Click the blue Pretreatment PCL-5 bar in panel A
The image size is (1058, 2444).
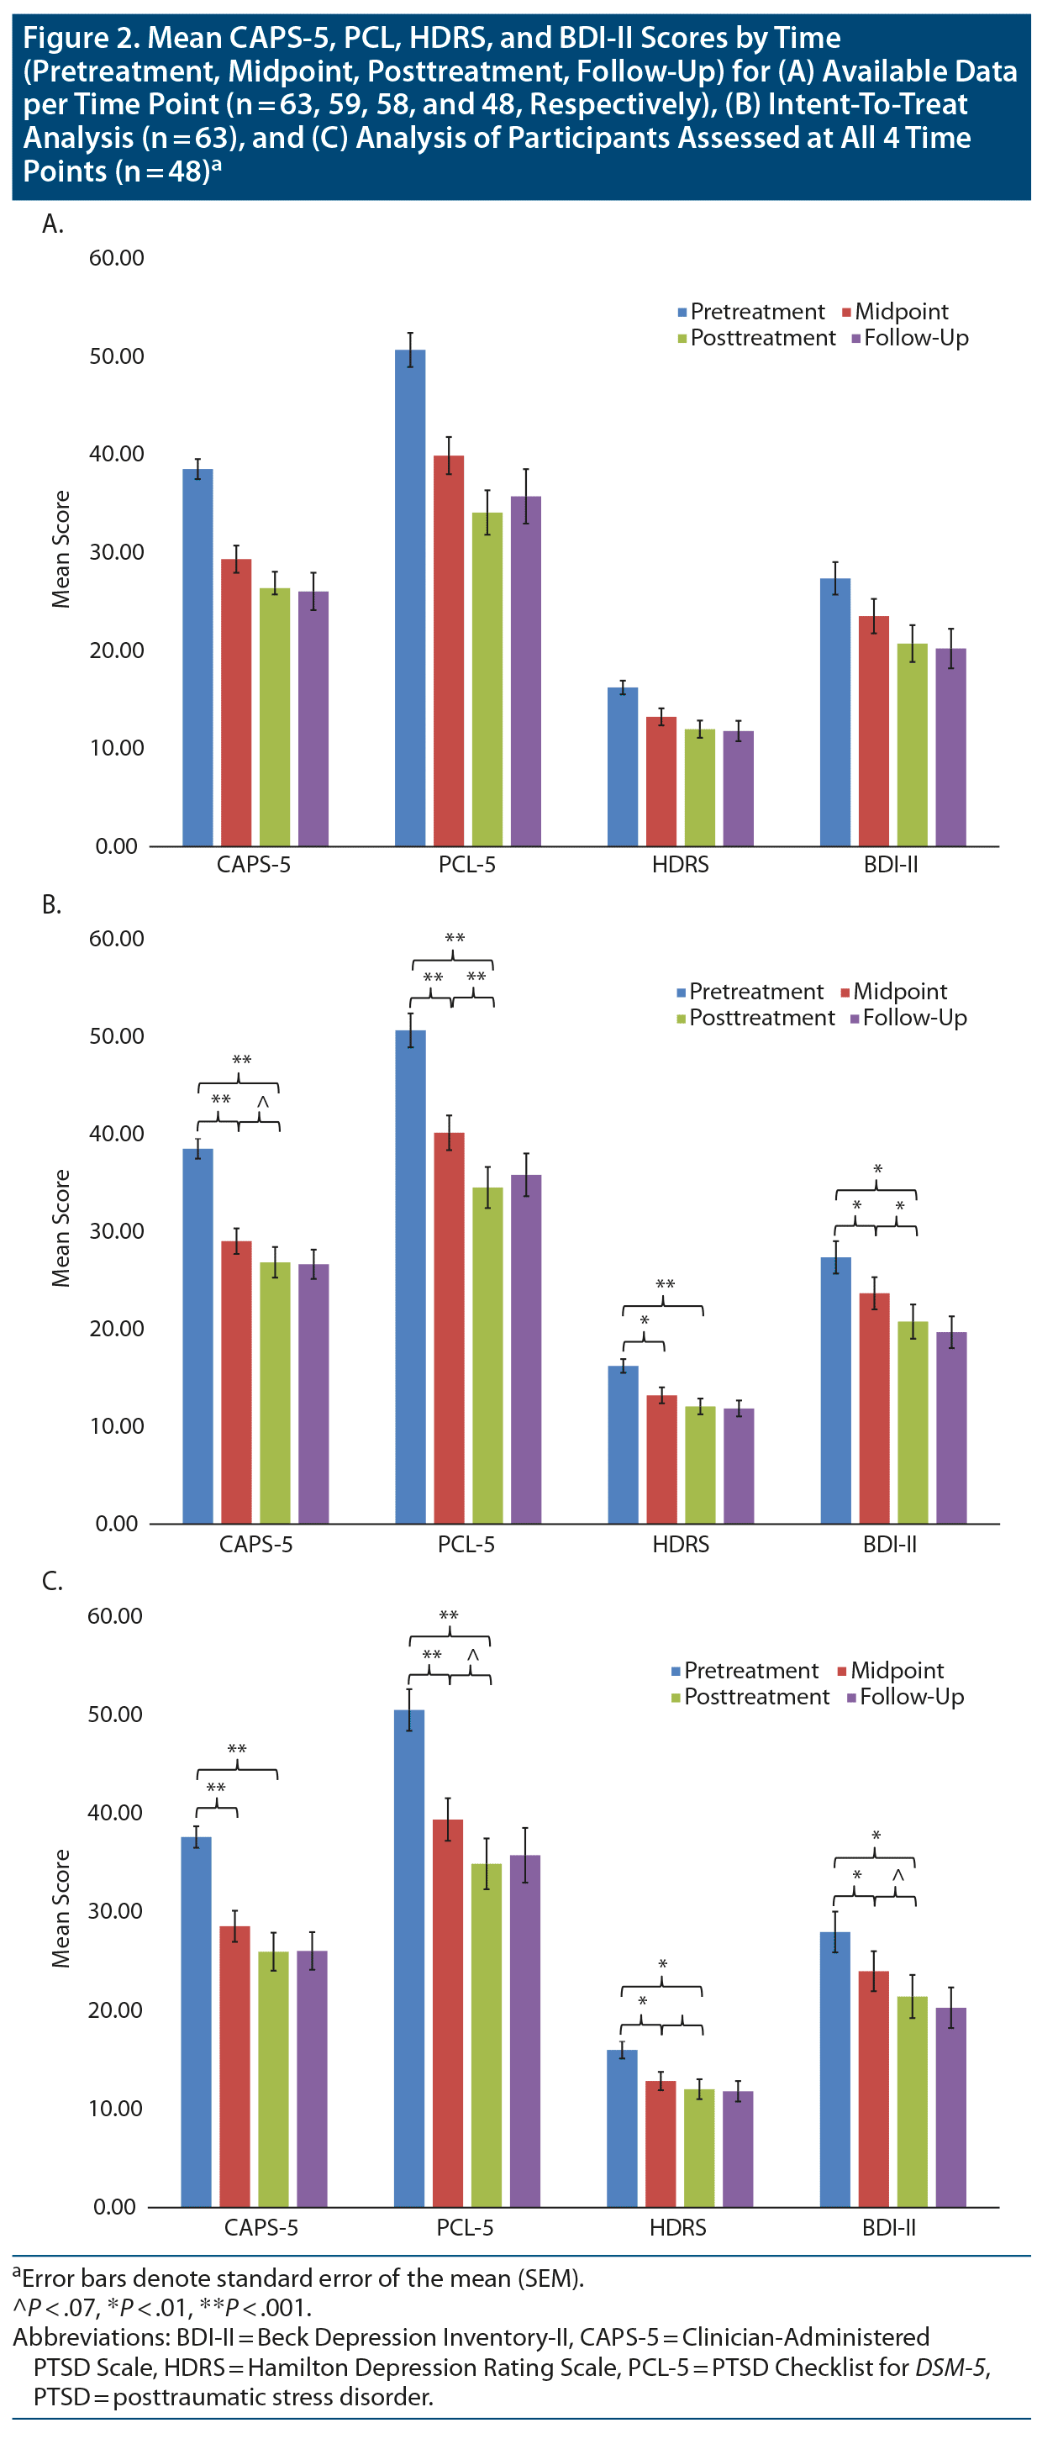coord(410,598)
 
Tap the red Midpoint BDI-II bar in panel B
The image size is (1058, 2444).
coord(874,1408)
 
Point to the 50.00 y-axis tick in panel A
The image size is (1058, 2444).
coord(117,356)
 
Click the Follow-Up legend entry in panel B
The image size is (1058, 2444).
coord(913,1018)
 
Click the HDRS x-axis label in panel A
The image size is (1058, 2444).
coord(681,864)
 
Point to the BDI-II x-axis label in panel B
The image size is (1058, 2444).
coord(889,1545)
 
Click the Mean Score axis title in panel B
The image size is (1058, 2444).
coord(61,1228)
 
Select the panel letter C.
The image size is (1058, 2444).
coord(52,1582)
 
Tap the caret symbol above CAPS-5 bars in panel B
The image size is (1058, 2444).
coord(263,1101)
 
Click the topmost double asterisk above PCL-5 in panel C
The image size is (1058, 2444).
coord(449,1615)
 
